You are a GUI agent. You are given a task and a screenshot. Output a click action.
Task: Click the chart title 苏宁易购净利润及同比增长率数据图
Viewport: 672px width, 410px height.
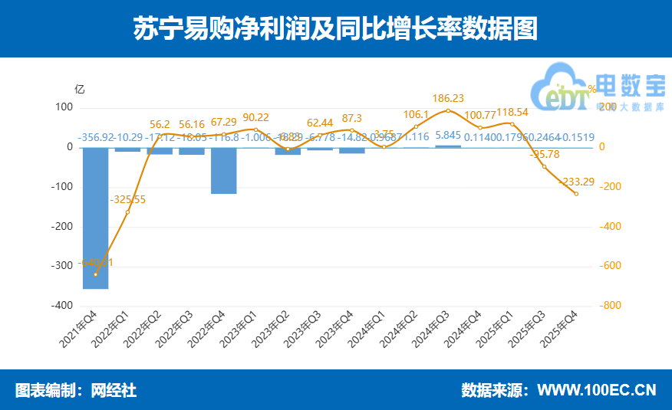click(x=335, y=29)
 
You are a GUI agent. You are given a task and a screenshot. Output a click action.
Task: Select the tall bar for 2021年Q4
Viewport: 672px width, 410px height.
click(x=95, y=218)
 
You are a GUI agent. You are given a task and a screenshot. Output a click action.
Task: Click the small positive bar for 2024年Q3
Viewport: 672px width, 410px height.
click(x=448, y=145)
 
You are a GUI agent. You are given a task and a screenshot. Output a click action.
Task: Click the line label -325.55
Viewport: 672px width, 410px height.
click(x=128, y=200)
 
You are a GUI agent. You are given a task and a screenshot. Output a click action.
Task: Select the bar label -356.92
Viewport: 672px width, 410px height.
click(x=95, y=137)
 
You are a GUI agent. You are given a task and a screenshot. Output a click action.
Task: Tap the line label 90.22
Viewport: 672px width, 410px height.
click(x=256, y=117)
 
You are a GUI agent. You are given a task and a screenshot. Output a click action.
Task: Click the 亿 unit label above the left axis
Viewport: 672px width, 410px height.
click(x=79, y=89)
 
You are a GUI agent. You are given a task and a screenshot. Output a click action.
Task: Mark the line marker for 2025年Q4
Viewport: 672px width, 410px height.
click(x=576, y=194)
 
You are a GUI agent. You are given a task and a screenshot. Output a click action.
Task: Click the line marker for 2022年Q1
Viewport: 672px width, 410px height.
click(x=127, y=212)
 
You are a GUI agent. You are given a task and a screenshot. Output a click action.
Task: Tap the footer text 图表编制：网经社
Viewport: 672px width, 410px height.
click(x=76, y=390)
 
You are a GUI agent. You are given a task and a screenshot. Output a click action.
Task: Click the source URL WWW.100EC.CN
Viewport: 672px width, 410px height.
click(x=596, y=390)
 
